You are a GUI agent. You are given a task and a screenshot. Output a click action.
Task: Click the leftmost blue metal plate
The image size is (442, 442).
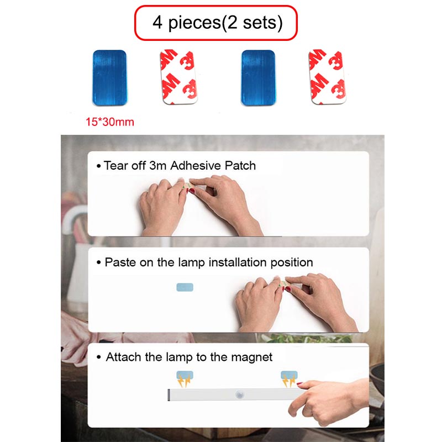point(109,78)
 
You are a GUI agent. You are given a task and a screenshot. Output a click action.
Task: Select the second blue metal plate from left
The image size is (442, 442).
point(258,78)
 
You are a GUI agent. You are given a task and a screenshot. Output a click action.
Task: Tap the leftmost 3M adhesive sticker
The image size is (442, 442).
point(178,77)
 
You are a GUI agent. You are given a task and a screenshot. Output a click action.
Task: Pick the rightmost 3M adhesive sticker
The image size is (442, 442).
point(327,77)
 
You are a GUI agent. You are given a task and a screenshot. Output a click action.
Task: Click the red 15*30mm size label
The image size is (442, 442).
point(110,122)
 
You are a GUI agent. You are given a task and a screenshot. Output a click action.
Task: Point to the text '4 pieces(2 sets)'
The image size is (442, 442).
point(217,23)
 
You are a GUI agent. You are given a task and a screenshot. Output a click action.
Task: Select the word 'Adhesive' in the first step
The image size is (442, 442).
point(191,165)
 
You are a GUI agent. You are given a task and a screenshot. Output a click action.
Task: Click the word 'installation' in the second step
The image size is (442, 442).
point(238,262)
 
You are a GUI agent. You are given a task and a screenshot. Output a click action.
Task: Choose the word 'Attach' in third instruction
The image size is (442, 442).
point(123,357)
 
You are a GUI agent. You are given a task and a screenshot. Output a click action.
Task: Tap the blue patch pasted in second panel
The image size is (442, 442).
point(185,287)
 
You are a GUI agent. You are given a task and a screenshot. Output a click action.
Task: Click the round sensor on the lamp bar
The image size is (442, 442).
point(240,394)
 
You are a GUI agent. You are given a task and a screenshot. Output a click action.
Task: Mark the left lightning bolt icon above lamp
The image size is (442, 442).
point(184,381)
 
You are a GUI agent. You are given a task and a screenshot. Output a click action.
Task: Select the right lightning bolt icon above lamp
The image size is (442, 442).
point(289,381)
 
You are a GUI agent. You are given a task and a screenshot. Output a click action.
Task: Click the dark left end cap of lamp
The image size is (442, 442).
point(169,394)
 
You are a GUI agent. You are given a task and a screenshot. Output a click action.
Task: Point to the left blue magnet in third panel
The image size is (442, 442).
point(185,375)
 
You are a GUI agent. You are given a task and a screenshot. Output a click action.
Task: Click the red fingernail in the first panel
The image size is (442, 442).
point(192,191)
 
